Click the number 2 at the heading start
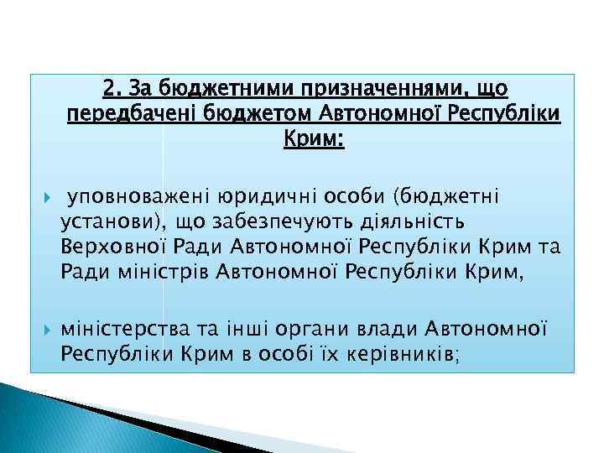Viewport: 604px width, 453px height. [x=108, y=88]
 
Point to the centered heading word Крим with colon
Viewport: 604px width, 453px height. [x=315, y=137]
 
